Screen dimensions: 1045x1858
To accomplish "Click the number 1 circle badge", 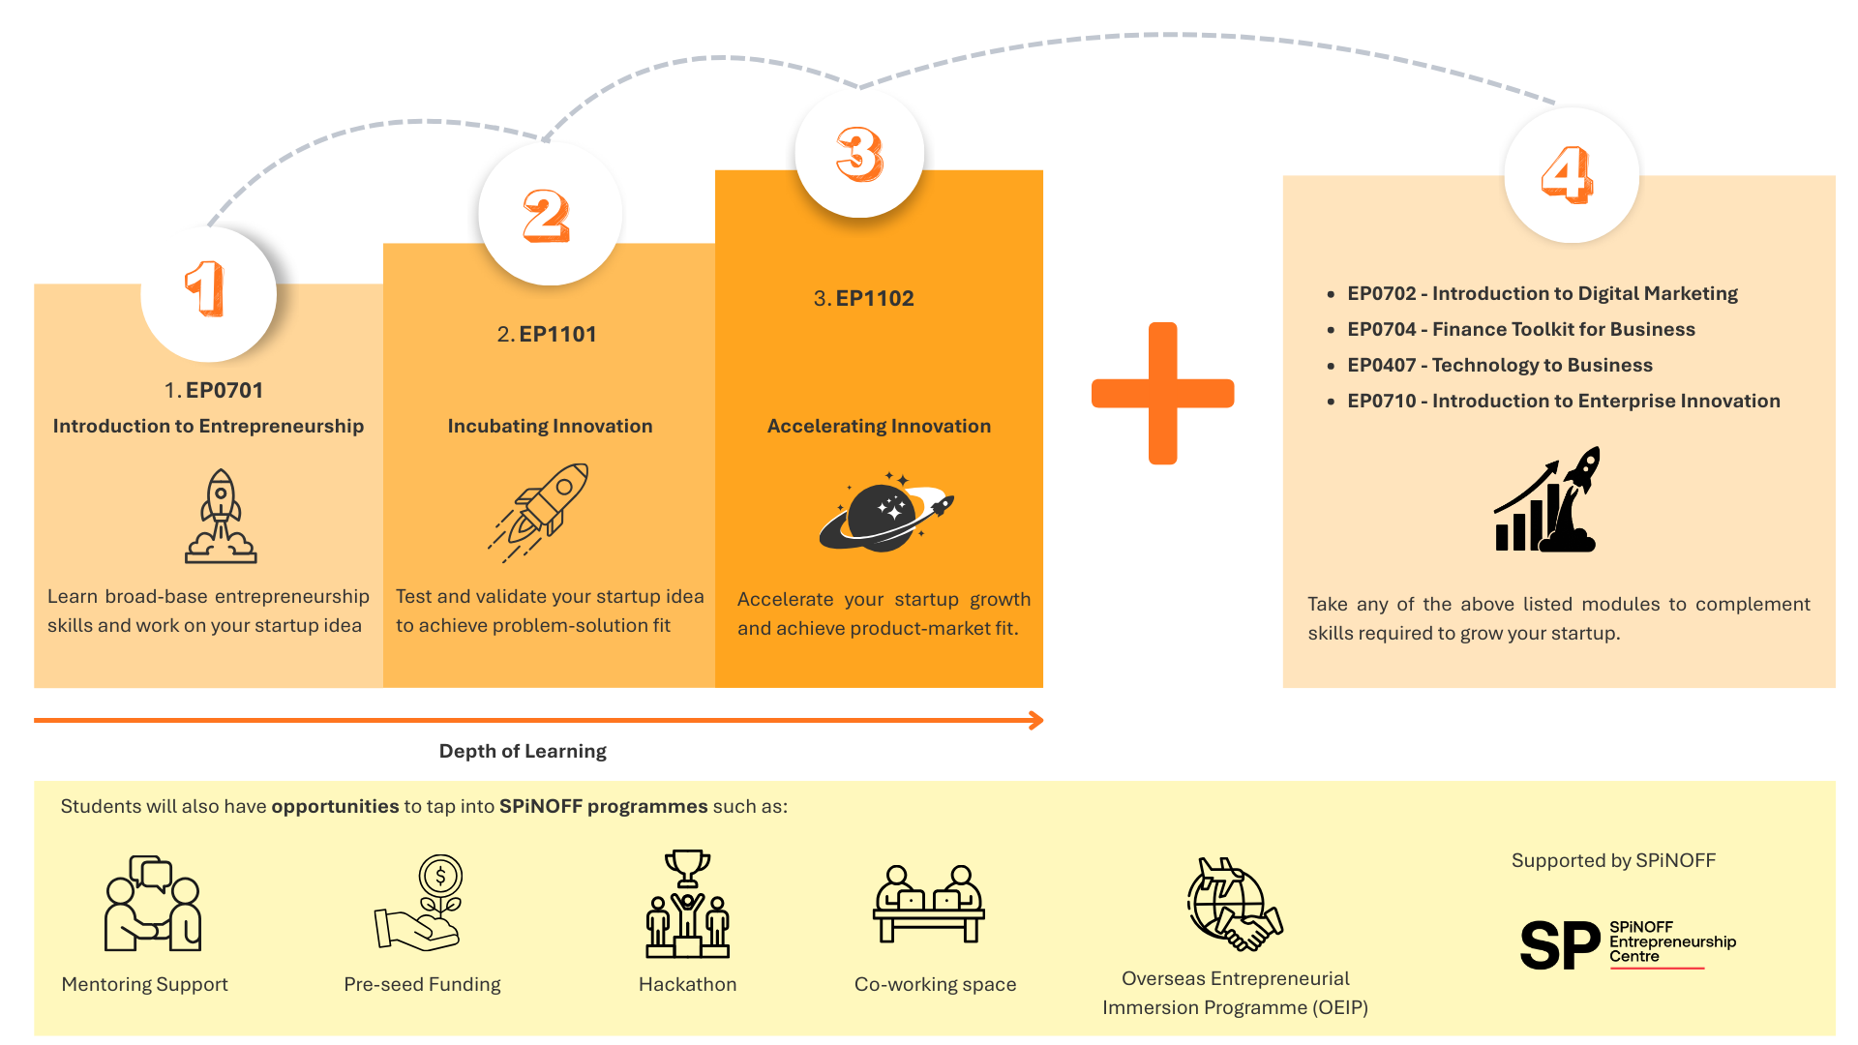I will pyautogui.click(x=207, y=292).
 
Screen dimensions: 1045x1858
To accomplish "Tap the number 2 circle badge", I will pyautogui.click(x=549, y=215).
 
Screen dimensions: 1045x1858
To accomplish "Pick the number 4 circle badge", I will pyautogui.click(x=1570, y=175).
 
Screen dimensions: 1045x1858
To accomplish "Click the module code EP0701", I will pyautogui.click(x=224, y=390).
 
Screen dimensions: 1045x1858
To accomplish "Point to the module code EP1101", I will pyautogui.click(x=557, y=334).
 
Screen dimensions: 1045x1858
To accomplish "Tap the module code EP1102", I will pyautogui.click(x=875, y=298).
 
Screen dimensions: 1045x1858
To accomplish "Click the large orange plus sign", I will pyautogui.click(x=1162, y=393).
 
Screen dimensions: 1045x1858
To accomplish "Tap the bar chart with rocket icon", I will pyautogui.click(x=1547, y=500).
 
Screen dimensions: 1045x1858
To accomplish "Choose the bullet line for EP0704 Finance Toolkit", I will pyautogui.click(x=1520, y=329).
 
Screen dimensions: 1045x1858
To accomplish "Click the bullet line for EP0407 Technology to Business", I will pyautogui.click(x=1499, y=365).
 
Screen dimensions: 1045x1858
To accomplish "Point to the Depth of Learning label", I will pyautogui.click(x=523, y=751).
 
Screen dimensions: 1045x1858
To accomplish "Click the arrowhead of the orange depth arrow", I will pyautogui.click(x=1036, y=720).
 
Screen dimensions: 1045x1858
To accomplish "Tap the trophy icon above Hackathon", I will pyautogui.click(x=687, y=868).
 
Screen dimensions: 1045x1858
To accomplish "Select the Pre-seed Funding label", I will pyautogui.click(x=422, y=984).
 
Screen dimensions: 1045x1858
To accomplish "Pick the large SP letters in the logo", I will pyautogui.click(x=1559, y=944).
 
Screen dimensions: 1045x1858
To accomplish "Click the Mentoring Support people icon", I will pyautogui.click(x=153, y=904).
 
